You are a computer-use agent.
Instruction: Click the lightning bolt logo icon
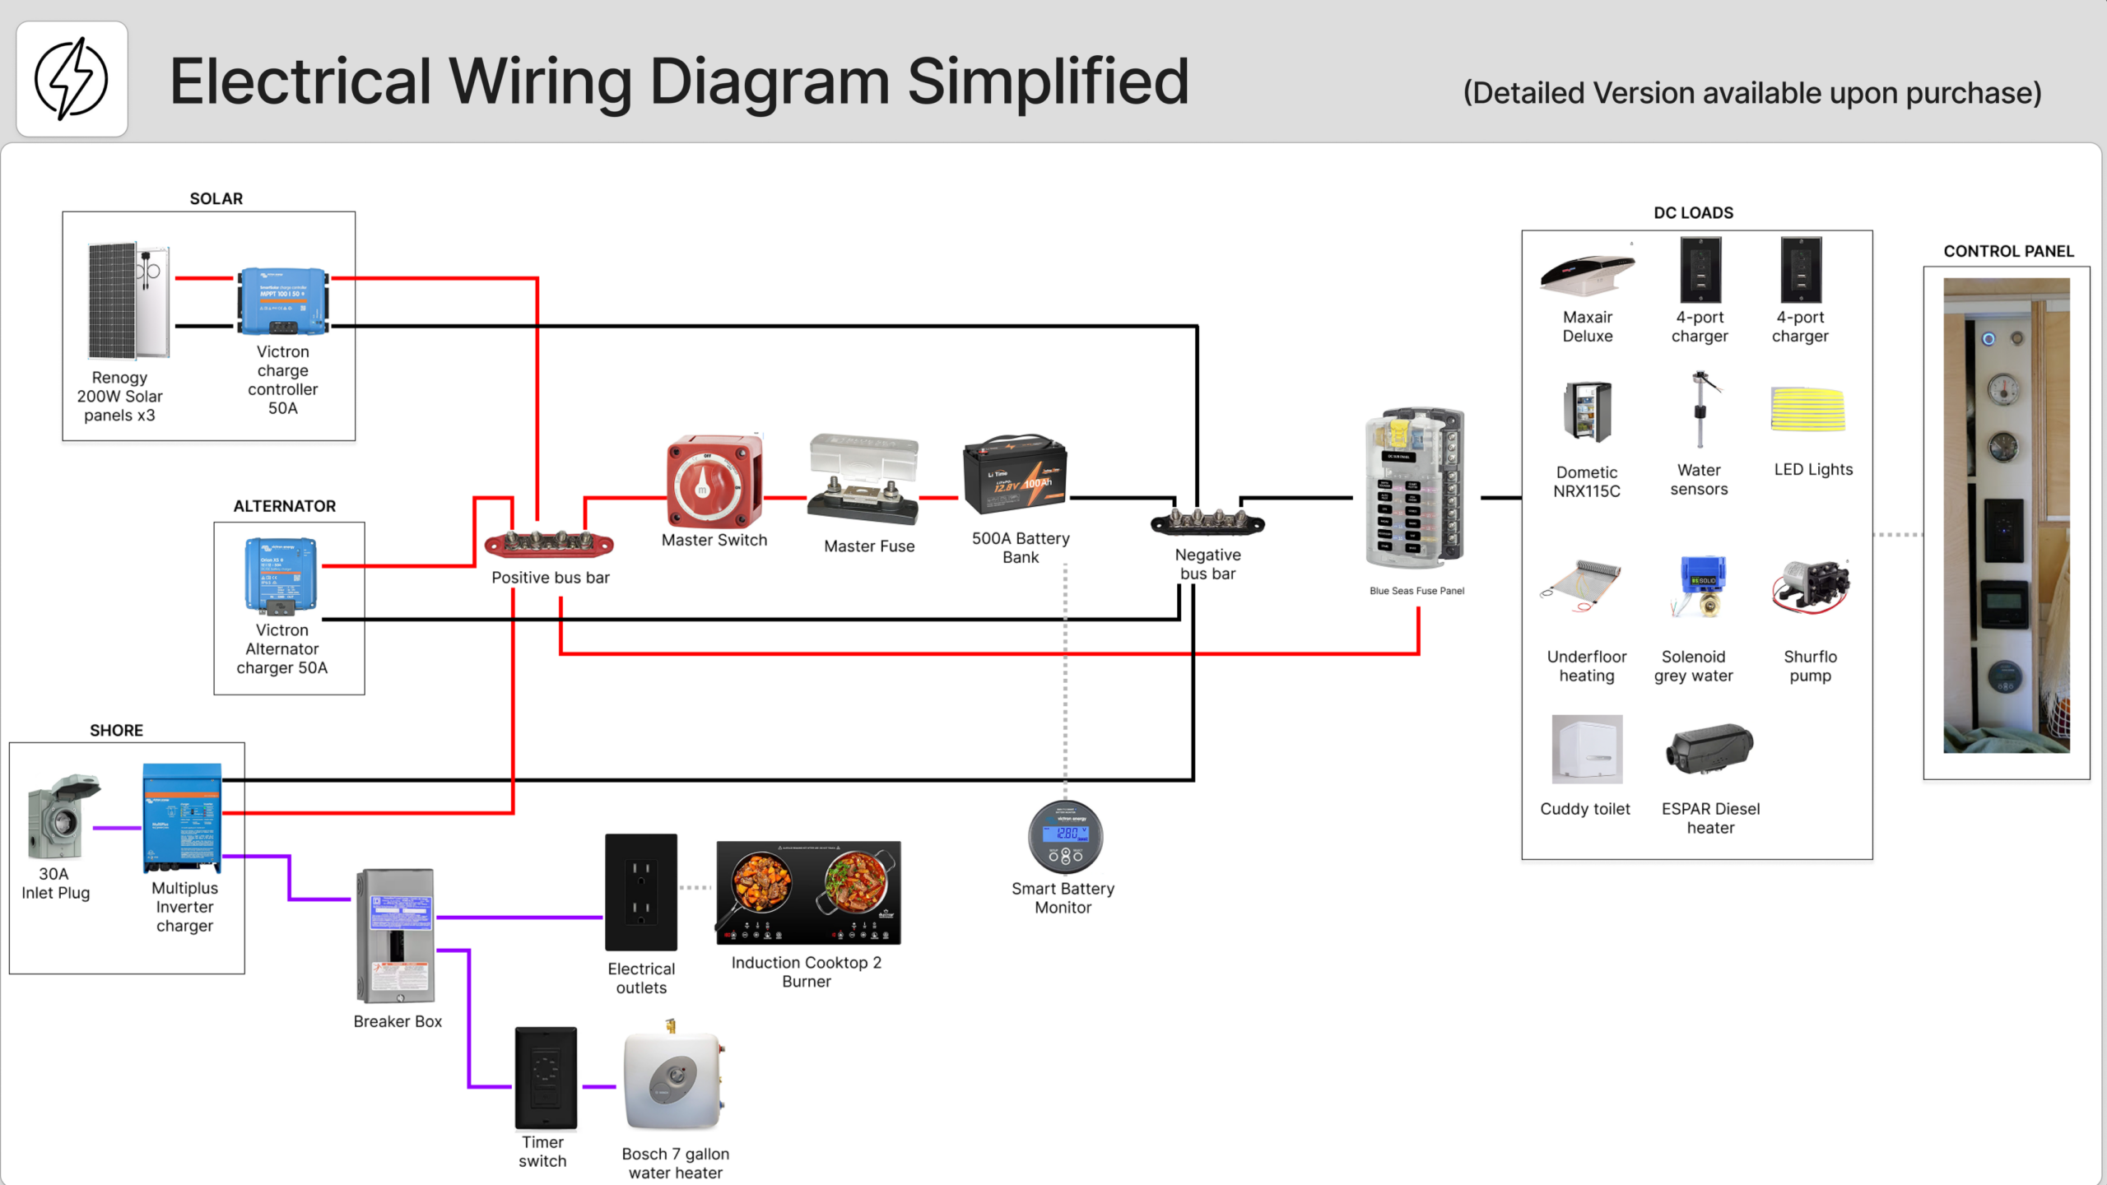(x=72, y=79)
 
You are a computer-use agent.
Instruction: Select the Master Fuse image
(x=863, y=480)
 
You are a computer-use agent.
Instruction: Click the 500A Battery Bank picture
(x=1016, y=474)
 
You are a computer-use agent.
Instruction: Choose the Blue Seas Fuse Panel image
(x=1416, y=488)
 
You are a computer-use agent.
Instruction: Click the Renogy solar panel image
(x=128, y=300)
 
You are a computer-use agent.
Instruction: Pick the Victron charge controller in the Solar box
(x=283, y=301)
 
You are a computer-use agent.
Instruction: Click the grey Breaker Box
(x=396, y=936)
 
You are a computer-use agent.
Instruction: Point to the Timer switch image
(x=546, y=1078)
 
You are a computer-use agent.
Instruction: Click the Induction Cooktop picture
(x=808, y=893)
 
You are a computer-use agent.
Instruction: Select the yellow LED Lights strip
(x=1807, y=409)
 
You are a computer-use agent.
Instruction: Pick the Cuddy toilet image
(x=1587, y=749)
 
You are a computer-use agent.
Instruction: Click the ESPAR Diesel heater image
(x=1709, y=749)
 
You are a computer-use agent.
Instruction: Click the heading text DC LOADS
(x=1694, y=213)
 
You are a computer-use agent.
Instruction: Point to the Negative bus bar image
(x=1207, y=522)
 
